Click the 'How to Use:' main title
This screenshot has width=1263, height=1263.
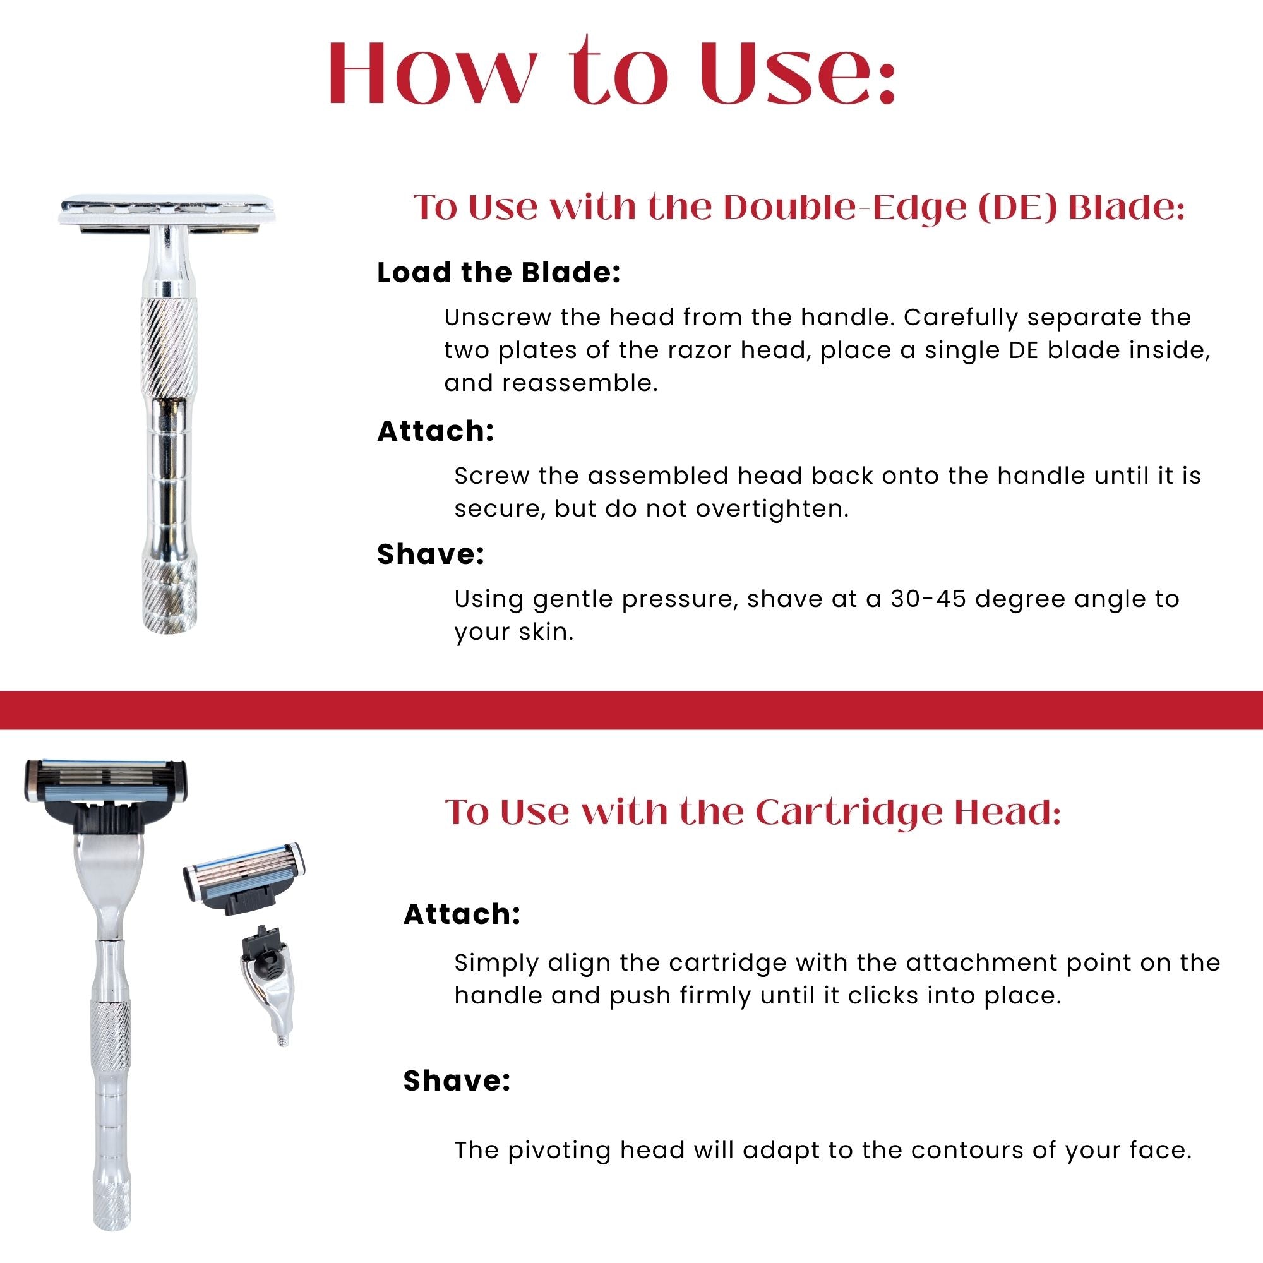pyautogui.click(x=611, y=72)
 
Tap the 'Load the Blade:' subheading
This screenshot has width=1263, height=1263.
pyautogui.click(x=498, y=273)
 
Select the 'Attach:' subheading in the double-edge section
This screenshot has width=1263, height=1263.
pyautogui.click(x=435, y=431)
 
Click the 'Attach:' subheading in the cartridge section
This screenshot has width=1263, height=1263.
pyautogui.click(x=462, y=914)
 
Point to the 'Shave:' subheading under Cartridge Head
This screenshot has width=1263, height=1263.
pyautogui.click(x=457, y=1080)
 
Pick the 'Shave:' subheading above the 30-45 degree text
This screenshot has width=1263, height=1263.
pyautogui.click(x=430, y=554)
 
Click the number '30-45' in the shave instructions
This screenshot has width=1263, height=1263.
pyautogui.click(x=928, y=599)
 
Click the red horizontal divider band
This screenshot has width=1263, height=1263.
pyautogui.click(x=631, y=709)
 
